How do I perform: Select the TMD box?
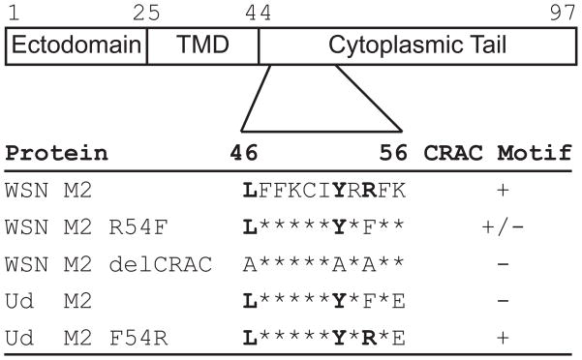pyautogui.click(x=202, y=45)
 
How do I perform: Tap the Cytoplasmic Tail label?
pyautogui.click(x=417, y=45)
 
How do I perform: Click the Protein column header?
pyautogui.click(x=56, y=153)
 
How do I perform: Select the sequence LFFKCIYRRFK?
pyautogui.click(x=322, y=191)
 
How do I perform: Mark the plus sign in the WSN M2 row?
pyautogui.click(x=502, y=191)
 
